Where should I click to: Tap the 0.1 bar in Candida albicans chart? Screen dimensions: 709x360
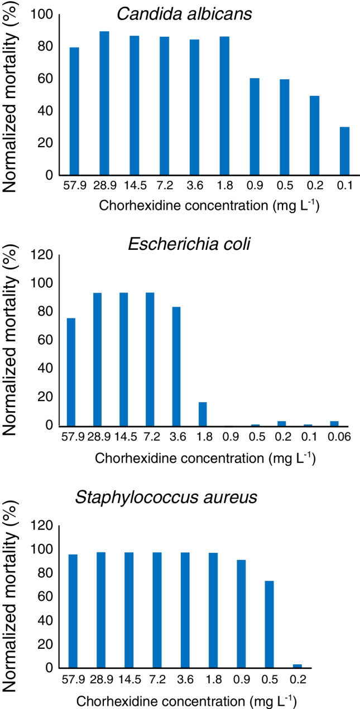[344, 151]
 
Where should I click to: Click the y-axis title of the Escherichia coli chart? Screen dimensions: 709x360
[12, 344]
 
